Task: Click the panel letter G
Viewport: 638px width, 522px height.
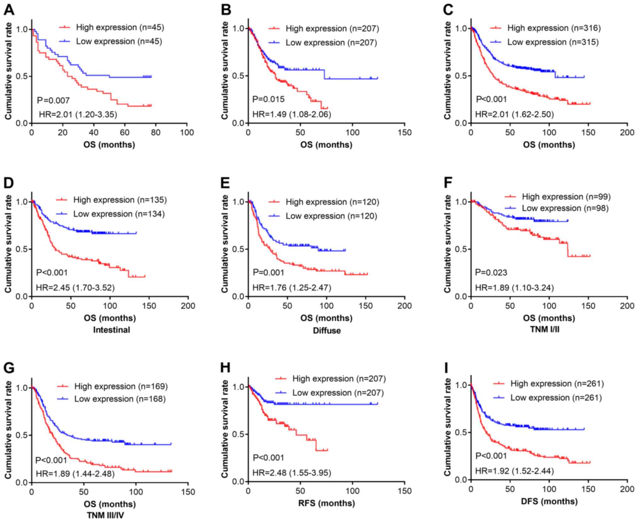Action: click(9, 368)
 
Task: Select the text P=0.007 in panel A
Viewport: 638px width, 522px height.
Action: click(53, 100)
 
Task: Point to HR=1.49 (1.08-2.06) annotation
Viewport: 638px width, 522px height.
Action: click(292, 114)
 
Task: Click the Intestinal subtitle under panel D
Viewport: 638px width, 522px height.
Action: click(112, 330)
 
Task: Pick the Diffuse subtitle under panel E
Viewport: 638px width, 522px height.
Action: click(327, 330)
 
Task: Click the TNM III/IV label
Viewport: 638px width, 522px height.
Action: click(105, 515)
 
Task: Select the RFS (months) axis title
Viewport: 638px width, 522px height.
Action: click(326, 503)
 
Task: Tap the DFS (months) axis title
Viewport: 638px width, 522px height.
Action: click(549, 501)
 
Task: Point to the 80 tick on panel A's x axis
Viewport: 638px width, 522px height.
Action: click(155, 133)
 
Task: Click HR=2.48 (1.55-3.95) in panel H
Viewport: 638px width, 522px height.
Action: click(292, 472)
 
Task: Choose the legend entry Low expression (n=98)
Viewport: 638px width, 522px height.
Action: click(565, 208)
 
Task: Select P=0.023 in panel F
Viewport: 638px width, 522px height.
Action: click(491, 272)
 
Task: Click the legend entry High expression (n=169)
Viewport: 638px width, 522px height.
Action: click(121, 386)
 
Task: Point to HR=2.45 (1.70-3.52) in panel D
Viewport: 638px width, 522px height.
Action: click(75, 287)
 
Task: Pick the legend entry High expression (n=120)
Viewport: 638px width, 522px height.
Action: click(332, 202)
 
